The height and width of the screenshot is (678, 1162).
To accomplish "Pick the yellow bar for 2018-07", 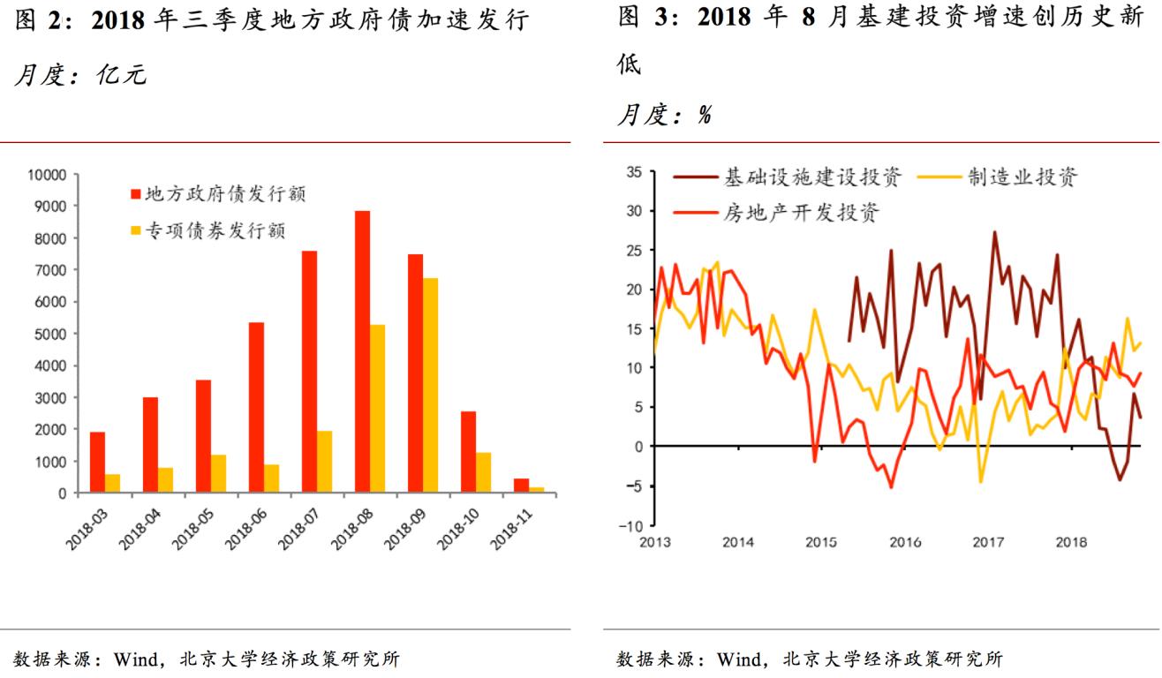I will pos(324,461).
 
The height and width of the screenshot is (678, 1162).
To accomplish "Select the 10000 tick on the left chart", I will pos(47,175).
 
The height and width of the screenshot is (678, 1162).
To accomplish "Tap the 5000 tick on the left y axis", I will pos(50,335).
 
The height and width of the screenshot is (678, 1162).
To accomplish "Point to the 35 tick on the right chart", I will pos(634,171).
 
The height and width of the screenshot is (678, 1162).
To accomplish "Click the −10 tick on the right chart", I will pos(630,526).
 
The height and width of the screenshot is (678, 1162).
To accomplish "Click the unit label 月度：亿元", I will pos(79,76).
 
